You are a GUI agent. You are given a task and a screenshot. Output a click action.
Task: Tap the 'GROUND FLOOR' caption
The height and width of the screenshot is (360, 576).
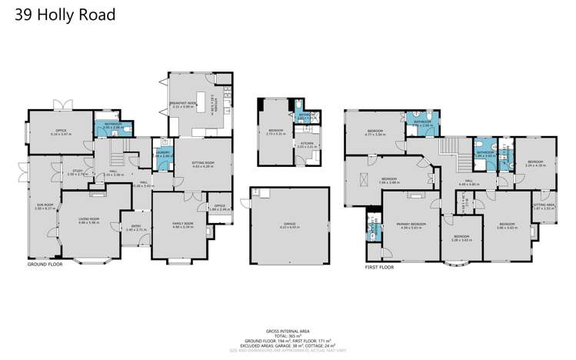click(x=45, y=264)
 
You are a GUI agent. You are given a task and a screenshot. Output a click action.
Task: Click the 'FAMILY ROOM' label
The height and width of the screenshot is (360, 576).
click(x=182, y=223)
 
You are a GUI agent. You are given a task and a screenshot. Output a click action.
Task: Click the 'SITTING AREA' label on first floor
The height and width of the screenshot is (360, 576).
click(x=543, y=205)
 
